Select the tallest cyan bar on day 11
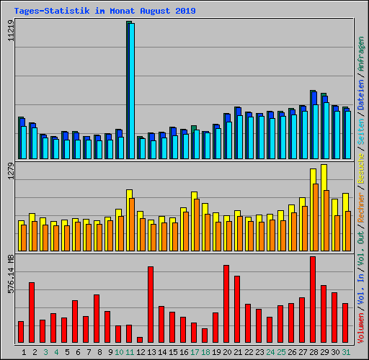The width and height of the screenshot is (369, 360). [131, 90]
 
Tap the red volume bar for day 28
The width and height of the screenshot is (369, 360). [313, 300]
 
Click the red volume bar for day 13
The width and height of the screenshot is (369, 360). [151, 305]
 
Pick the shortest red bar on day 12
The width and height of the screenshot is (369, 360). [140, 340]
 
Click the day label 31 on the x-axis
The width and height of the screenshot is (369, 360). [346, 351]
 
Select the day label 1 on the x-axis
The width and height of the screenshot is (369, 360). [24, 351]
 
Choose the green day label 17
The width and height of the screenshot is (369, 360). [195, 351]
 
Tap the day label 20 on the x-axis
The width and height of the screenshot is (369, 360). [227, 351]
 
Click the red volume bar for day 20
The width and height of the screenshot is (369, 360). [226, 304]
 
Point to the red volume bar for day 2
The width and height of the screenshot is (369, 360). [32, 312]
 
